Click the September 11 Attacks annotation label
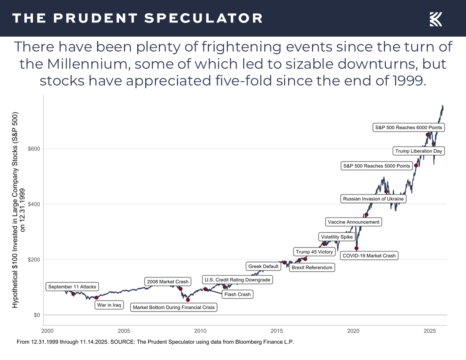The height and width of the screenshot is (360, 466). [x=72, y=287]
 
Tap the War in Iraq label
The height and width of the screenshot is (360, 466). [x=109, y=305]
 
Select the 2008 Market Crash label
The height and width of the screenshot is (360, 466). [x=168, y=281]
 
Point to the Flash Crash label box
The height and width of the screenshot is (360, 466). [x=237, y=294]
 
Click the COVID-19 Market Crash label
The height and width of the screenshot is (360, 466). [x=369, y=255]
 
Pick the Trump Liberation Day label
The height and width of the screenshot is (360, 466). [x=418, y=151]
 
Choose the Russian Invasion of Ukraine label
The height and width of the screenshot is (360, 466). [x=373, y=199]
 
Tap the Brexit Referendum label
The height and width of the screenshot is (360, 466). [x=312, y=267]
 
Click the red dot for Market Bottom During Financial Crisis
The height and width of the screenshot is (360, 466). [x=188, y=300]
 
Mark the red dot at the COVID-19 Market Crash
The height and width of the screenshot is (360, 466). [x=357, y=248]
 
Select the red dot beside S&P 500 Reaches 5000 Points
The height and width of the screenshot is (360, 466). [x=416, y=165]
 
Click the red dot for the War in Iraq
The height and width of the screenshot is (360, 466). [x=97, y=298]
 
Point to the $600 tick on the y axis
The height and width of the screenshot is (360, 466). [x=34, y=149]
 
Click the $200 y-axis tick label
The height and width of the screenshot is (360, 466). [x=34, y=259]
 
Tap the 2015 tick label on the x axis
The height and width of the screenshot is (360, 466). [x=277, y=331]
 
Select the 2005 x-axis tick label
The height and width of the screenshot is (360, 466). [x=124, y=331]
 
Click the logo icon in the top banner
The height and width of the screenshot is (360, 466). [x=436, y=19]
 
